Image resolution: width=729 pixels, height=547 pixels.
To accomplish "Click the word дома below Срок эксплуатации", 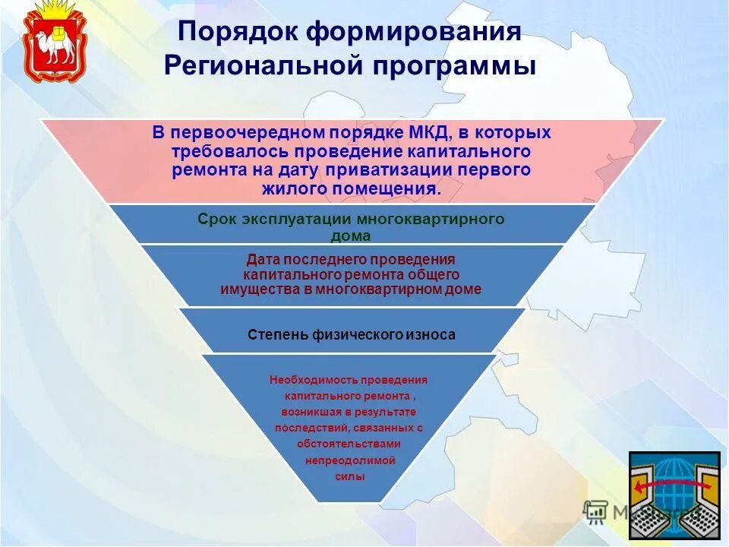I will [351, 236].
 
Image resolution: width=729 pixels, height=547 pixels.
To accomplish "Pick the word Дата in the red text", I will [263, 259].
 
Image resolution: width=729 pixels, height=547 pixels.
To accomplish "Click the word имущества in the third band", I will [253, 289].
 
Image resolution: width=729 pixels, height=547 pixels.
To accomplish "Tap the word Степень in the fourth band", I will [278, 334].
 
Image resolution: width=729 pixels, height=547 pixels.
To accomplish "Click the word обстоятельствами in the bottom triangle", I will [349, 444].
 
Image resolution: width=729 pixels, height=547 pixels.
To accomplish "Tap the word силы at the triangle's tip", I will [349, 476].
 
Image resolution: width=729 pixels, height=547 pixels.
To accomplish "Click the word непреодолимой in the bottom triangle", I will [349, 460].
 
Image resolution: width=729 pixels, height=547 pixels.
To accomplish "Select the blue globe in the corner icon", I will [673, 486].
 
